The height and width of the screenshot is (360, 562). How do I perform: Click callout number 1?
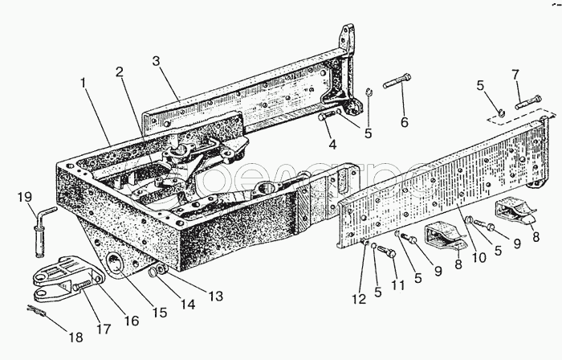click(x=84, y=83)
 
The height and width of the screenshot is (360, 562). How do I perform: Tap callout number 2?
click(x=120, y=72)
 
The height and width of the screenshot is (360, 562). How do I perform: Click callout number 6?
click(x=404, y=121)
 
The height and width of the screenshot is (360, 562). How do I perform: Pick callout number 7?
click(x=515, y=75)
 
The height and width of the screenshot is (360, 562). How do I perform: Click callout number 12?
click(x=358, y=299)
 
